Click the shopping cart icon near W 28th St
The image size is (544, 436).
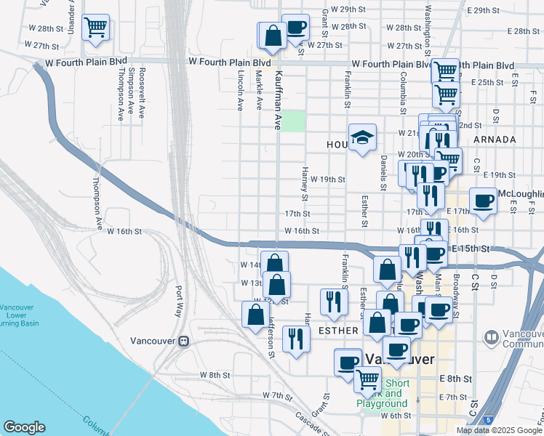96,28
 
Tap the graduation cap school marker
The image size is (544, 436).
361,138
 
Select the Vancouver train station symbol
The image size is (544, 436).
185,340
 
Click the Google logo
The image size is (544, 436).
25,427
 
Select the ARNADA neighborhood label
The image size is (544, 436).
494,139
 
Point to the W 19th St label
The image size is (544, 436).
327,179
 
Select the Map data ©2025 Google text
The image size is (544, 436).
499,430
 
